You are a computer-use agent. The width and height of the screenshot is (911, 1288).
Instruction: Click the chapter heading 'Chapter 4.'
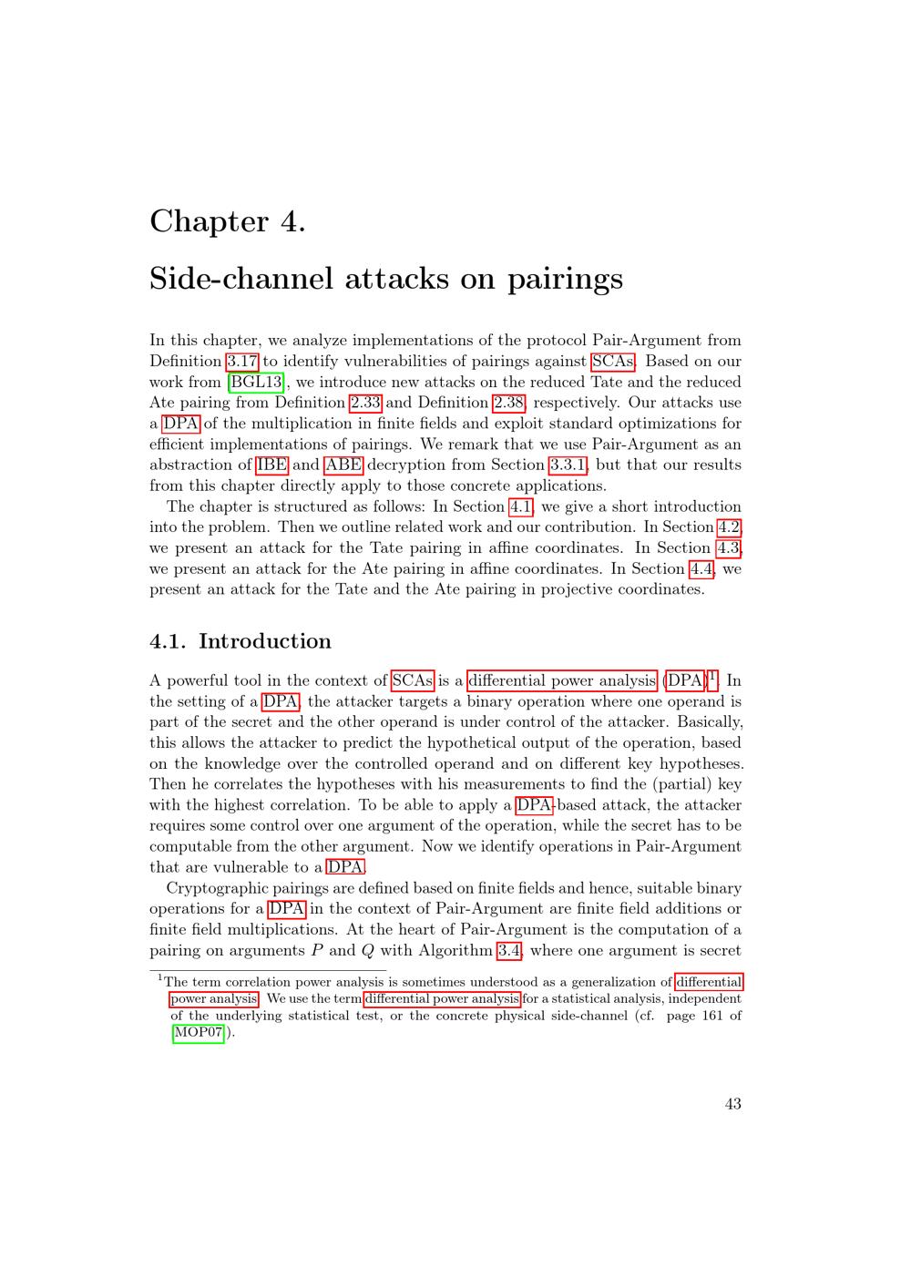[x=227, y=221]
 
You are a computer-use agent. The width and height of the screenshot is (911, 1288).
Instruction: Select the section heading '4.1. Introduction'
[x=241, y=641]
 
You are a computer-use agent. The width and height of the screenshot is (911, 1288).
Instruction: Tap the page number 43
[x=732, y=1104]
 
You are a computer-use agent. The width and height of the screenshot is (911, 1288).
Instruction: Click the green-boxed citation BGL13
[x=256, y=383]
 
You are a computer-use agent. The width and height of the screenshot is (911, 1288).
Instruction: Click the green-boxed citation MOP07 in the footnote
[x=198, y=1033]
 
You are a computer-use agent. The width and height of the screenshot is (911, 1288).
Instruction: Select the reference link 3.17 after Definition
[x=242, y=362]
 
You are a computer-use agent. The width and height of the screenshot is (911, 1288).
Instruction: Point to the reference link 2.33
[x=365, y=403]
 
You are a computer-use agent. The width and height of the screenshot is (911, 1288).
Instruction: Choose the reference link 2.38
[x=508, y=403]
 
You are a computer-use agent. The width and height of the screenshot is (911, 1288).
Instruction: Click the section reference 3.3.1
[x=568, y=465]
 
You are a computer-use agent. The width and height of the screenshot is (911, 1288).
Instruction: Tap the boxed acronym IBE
[x=272, y=465]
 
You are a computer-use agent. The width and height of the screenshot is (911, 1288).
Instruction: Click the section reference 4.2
[x=730, y=527]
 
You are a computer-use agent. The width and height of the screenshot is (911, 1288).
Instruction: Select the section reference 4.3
[x=728, y=548]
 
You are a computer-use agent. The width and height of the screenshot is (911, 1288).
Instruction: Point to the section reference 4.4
[x=701, y=569]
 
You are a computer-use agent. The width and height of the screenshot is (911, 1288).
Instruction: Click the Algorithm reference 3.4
[x=508, y=951]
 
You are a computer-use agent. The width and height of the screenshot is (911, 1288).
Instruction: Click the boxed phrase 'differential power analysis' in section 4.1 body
[x=562, y=681]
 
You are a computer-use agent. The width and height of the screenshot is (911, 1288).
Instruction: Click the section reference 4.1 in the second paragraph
[x=520, y=507]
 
